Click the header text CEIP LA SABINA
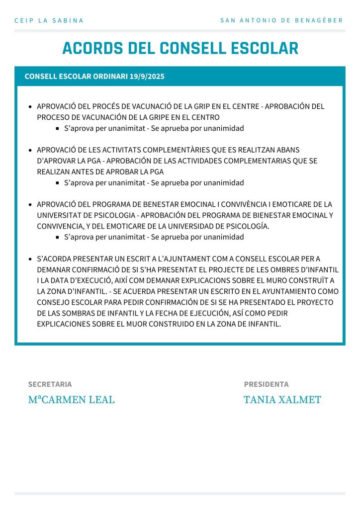(49, 20)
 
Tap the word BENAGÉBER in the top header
(323, 20)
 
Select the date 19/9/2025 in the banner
(147, 77)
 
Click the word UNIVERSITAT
(60, 215)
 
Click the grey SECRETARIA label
(50, 384)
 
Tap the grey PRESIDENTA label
(266, 384)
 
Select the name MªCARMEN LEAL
(71, 400)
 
